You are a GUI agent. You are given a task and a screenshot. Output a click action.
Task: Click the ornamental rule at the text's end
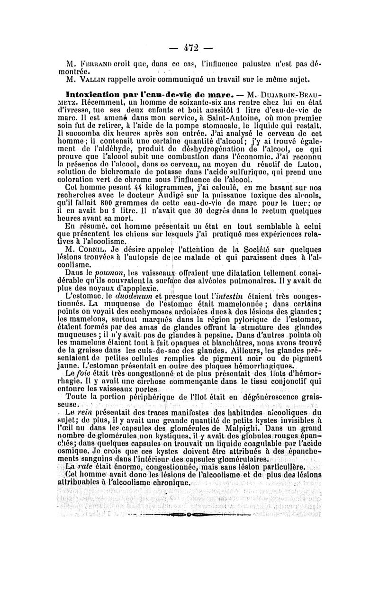coord(189,513)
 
